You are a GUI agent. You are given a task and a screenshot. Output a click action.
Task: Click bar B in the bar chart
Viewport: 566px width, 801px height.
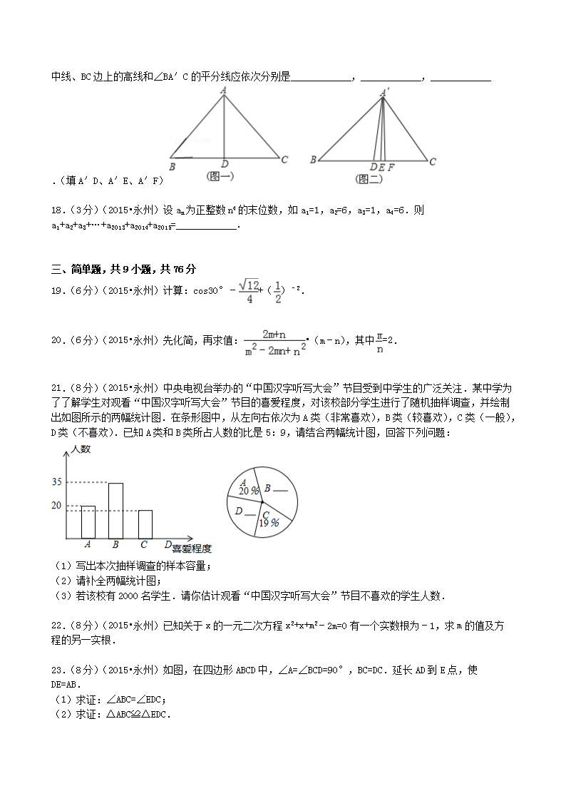click(115, 511)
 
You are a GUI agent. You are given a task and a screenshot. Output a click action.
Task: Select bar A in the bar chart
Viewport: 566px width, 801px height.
click(88, 522)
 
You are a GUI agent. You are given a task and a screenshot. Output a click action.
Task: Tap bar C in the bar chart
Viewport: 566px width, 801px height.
click(145, 524)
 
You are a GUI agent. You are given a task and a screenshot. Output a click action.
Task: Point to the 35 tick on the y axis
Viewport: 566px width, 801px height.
click(57, 482)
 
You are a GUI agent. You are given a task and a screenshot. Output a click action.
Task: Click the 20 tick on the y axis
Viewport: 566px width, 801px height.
click(57, 505)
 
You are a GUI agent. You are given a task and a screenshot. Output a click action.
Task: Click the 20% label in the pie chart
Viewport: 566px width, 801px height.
click(249, 491)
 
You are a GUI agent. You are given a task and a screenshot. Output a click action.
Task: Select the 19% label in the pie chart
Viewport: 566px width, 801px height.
click(269, 523)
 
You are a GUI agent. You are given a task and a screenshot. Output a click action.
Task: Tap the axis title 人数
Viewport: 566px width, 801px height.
click(82, 449)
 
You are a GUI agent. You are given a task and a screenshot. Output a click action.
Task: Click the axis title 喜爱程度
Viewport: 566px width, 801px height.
click(192, 549)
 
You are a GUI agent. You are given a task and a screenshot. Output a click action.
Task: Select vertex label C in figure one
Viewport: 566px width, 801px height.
click(284, 160)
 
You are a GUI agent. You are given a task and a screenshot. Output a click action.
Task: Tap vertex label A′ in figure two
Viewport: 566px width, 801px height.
click(385, 92)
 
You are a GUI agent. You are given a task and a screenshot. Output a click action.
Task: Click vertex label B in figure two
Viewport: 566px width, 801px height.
click(313, 160)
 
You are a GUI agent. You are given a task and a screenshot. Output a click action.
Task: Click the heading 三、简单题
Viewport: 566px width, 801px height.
click(76, 269)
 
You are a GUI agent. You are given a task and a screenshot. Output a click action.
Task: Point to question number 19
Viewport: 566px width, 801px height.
click(57, 291)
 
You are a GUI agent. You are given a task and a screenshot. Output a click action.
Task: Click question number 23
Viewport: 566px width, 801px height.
click(57, 670)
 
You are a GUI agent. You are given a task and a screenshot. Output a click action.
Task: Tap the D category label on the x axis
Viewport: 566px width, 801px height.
click(168, 546)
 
